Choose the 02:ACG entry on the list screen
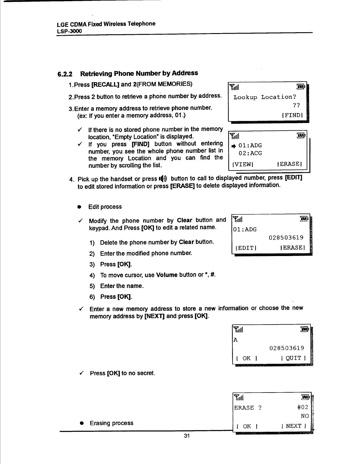250,153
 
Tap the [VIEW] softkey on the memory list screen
243,164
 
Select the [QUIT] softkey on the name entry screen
293,358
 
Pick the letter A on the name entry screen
235,340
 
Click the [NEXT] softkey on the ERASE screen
294,426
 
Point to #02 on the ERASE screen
303,407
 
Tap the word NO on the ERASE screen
305,416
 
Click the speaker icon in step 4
163,179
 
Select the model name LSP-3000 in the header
69,31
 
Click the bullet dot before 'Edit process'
79,207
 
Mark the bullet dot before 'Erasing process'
83,424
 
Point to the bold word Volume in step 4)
167,275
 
